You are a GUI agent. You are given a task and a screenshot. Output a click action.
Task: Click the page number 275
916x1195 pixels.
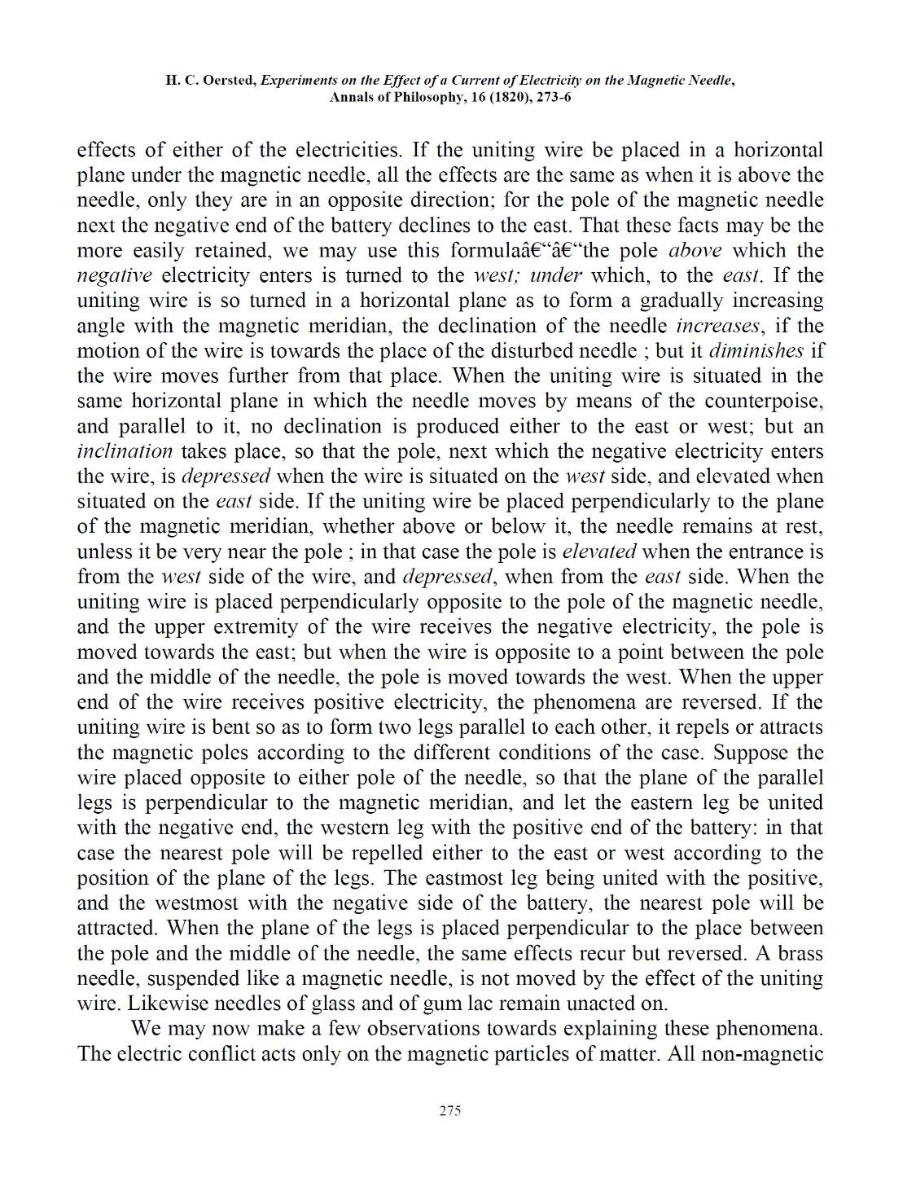449,1110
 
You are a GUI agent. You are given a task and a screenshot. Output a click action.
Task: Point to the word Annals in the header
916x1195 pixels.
355,97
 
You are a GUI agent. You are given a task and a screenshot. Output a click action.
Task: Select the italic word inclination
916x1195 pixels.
125,451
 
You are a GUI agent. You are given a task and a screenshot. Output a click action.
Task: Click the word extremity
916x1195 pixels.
267,627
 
